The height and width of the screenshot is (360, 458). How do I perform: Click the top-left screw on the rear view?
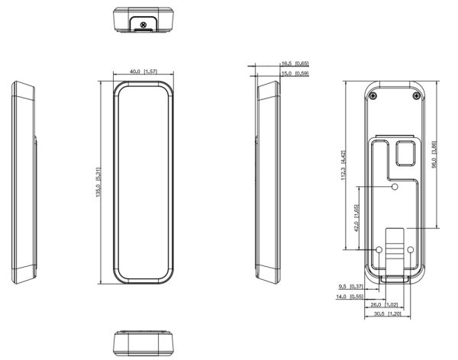point(372,96)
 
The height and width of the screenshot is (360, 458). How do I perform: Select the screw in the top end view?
point(145,24)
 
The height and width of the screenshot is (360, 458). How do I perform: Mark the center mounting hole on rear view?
point(395,187)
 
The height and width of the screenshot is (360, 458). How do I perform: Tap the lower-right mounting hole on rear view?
point(410,249)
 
